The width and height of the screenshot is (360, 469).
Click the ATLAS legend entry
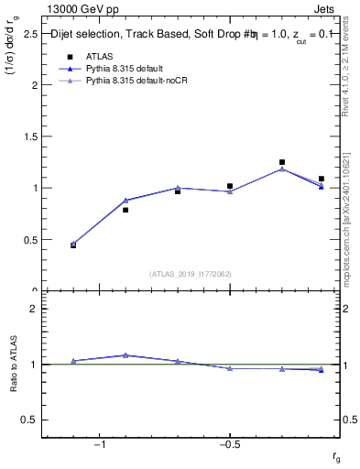pos(98,56)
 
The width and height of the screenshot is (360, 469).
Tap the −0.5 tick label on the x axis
pos(229,444)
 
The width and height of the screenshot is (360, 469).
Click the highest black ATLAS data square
pos(282,162)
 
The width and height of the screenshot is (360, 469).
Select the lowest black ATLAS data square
pos(73,245)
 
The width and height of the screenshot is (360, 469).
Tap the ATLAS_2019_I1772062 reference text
pos(191,274)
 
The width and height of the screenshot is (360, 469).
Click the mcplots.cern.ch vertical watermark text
pos(351,220)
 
